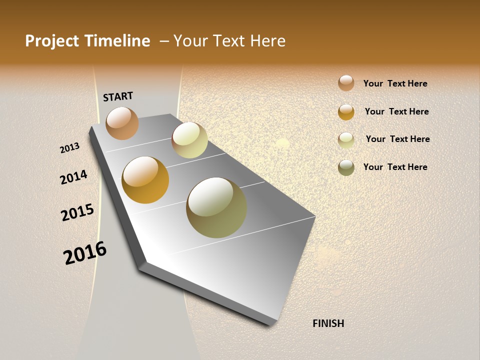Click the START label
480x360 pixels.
click(x=118, y=96)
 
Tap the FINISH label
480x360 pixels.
click(x=328, y=323)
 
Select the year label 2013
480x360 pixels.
click(x=69, y=148)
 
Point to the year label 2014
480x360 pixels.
click(x=73, y=177)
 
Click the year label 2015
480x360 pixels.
click(x=77, y=212)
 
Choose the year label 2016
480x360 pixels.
click(x=85, y=253)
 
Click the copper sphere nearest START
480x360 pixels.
click(x=122, y=123)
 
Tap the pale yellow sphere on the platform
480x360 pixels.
click(x=189, y=140)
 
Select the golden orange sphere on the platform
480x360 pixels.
click(x=145, y=180)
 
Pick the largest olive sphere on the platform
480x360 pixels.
click(x=216, y=207)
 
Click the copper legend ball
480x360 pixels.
click(x=346, y=83)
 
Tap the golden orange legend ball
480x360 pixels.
click(x=346, y=112)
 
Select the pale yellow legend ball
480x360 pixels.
click(x=346, y=140)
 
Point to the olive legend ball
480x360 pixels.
click(x=346, y=167)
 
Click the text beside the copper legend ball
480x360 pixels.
click(x=395, y=83)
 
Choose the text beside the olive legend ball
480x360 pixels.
click(x=395, y=167)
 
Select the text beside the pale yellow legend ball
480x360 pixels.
click(x=397, y=139)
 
